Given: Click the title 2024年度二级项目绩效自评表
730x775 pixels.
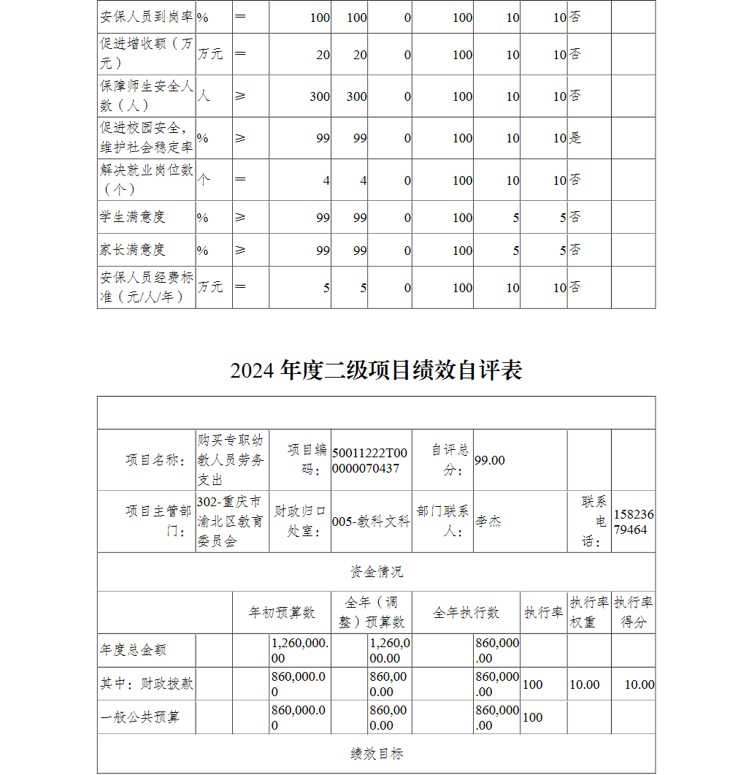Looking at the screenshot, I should [x=376, y=370].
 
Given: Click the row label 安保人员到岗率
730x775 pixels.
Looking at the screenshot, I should [x=146, y=17].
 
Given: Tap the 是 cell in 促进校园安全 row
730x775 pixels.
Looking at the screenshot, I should [x=575, y=138].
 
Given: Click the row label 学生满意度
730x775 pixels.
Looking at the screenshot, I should [x=133, y=217].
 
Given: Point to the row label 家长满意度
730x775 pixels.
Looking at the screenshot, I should [x=133, y=250].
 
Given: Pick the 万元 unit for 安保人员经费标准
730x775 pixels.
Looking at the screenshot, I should [x=210, y=287].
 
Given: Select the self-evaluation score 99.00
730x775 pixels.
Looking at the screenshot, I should [x=490, y=460].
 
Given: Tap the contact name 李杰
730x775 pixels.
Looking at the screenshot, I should [x=488, y=522].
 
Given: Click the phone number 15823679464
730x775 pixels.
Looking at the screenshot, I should [x=633, y=522].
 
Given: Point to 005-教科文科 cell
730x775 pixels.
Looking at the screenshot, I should [x=371, y=522].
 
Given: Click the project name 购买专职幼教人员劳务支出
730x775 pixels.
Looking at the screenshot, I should [x=231, y=460].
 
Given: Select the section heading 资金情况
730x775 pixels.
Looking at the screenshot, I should [x=376, y=572].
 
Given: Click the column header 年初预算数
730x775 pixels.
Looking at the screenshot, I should [x=282, y=613].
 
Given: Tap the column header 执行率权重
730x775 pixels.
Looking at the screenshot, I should [x=588, y=612].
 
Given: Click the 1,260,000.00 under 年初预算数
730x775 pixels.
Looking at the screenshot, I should [x=299, y=650].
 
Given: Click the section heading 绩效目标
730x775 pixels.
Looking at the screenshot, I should [x=376, y=754].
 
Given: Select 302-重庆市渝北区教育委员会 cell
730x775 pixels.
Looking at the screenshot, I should [x=231, y=522].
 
